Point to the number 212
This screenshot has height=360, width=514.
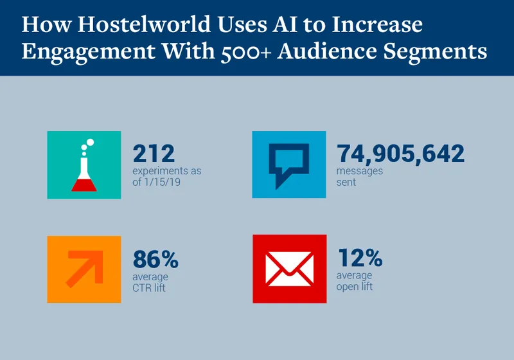[x=154, y=154]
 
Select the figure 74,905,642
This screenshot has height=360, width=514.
[x=400, y=154]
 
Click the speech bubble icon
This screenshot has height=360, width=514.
[x=288, y=165]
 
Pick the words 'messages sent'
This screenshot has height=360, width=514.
[x=360, y=177]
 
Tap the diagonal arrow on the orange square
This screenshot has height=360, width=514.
[x=84, y=268]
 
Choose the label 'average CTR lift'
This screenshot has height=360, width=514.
[x=149, y=282]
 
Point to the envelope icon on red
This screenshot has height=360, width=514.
[x=288, y=268]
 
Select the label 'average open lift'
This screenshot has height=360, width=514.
[x=355, y=281]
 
